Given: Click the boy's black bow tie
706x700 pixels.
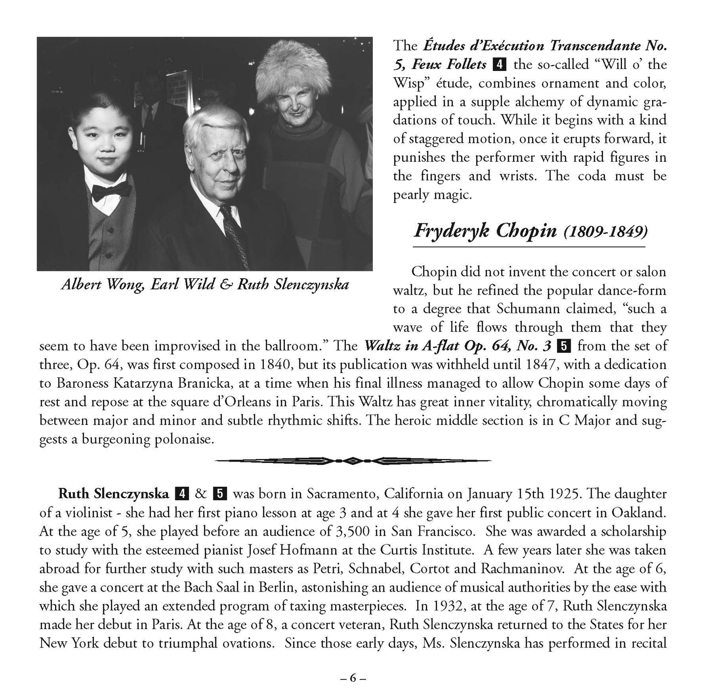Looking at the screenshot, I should pos(111,191).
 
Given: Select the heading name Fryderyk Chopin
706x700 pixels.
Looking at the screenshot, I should pos(485,230).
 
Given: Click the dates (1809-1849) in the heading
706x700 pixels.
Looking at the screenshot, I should pos(605,231).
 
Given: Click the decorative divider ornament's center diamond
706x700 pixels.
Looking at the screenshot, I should pos(353,460).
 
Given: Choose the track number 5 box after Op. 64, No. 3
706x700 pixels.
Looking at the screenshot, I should pos(564,346).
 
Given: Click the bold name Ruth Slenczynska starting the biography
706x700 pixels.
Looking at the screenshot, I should pos(114,494).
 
